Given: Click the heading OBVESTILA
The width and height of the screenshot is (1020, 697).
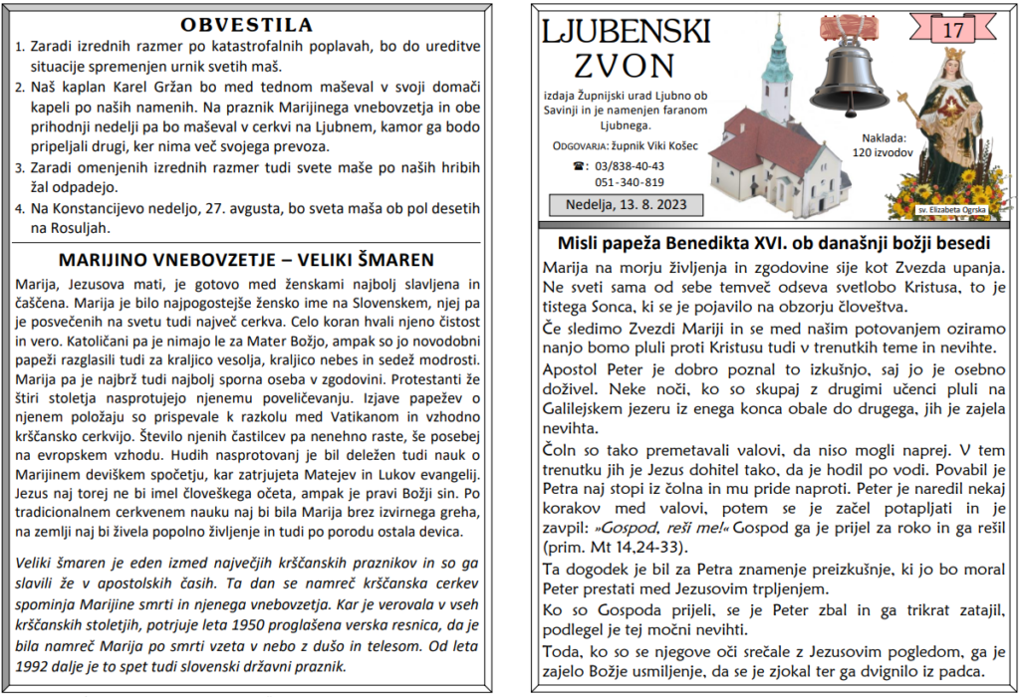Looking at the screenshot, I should [247, 24].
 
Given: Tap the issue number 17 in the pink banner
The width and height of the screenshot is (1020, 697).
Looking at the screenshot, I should [953, 30].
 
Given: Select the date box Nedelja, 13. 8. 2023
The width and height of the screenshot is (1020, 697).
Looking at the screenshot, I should [626, 205].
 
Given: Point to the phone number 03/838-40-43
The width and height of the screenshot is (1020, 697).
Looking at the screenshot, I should [630, 166].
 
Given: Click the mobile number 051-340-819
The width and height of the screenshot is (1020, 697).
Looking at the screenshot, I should [630, 182].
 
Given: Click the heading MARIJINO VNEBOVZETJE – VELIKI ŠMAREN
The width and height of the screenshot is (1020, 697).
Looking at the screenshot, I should [247, 261].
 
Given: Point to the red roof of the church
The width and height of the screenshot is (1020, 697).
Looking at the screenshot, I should [767, 139].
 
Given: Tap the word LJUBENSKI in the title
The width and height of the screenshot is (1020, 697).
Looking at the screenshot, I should [626, 33].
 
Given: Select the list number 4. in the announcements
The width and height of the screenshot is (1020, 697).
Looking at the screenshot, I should [21, 209].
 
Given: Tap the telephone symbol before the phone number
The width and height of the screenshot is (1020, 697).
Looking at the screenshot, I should [579, 166].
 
